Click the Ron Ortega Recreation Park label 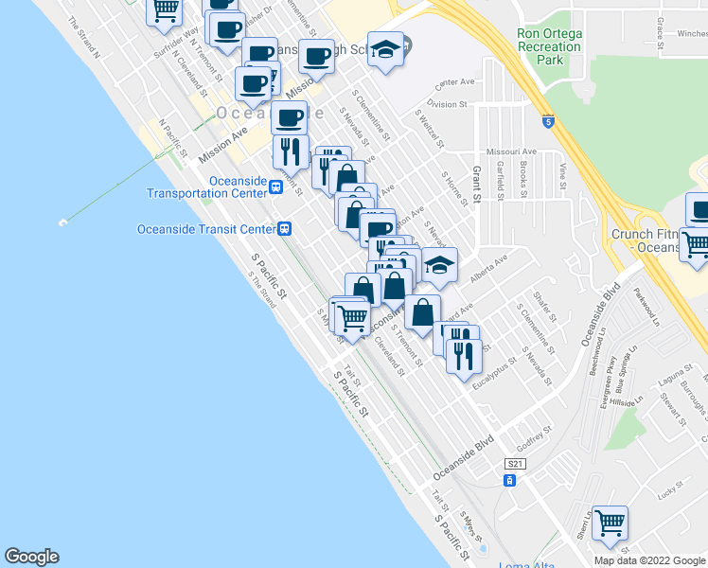point(549,45)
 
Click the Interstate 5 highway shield point(549,121)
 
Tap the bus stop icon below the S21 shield point(509,481)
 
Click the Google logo point(31,557)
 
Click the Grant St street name point(476,185)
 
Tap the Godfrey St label point(536,441)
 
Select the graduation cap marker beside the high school point(385,50)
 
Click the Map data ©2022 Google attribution point(649,560)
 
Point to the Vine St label point(563,177)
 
